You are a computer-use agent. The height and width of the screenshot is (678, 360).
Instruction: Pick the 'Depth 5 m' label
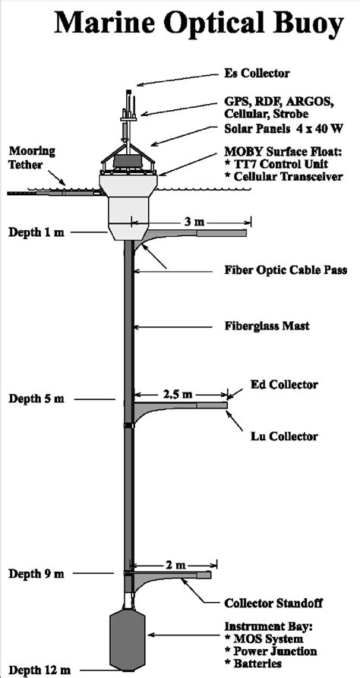click(36, 398)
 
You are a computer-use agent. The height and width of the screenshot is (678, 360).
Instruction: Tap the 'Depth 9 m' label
click(36, 573)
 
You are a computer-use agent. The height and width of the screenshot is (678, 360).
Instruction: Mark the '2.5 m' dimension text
click(177, 394)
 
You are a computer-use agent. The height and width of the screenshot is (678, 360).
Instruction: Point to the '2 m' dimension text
click(169, 565)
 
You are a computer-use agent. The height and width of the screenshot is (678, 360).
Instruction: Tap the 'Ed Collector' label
click(284, 385)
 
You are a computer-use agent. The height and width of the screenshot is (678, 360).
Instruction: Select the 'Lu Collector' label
click(284, 437)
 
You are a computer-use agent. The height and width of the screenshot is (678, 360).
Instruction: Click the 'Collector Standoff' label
click(273, 604)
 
